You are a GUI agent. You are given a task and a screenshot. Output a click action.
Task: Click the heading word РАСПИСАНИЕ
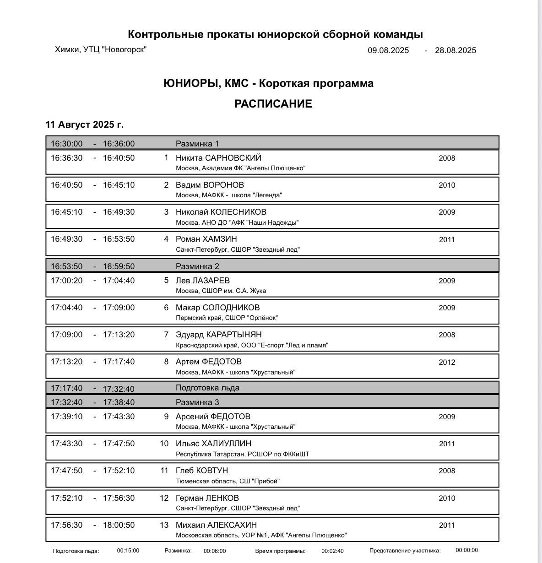273,104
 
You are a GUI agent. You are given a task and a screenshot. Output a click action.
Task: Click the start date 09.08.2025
388,50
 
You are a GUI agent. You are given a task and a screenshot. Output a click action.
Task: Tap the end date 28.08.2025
455,50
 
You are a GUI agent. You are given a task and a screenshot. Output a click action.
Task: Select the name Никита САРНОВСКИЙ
218,158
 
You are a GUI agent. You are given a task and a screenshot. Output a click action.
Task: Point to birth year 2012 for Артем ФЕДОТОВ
447,363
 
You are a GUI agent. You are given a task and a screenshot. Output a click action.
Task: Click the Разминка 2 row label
197,266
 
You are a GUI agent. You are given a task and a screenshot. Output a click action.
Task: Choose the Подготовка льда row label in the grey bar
207,388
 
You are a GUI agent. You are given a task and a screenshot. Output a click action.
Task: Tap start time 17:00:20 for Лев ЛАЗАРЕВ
67,281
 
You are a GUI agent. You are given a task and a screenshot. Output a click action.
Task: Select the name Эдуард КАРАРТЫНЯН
218,335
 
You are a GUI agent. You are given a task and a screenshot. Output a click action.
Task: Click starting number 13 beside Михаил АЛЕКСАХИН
164,525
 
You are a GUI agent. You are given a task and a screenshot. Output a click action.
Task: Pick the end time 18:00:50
119,525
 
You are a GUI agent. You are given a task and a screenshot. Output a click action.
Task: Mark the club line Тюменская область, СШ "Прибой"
228,481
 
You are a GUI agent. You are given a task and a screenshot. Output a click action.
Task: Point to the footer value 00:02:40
332,551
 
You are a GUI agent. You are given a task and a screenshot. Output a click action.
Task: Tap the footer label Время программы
280,551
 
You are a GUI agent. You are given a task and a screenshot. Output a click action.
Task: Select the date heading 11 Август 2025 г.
84,125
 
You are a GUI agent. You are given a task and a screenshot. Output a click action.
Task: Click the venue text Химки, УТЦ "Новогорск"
100,49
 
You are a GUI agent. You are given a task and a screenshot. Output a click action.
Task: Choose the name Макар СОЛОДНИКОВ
217,308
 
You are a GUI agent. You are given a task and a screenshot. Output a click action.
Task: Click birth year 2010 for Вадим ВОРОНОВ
447,185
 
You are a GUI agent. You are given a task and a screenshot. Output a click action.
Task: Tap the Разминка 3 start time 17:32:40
67,402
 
